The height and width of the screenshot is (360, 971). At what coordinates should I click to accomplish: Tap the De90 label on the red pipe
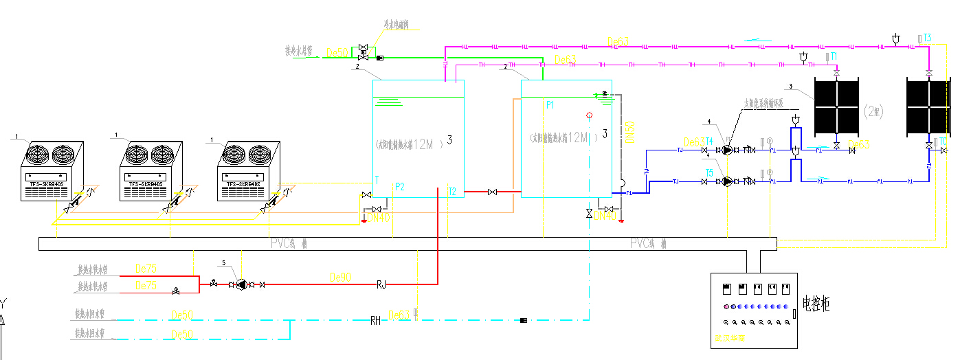(x=341, y=277)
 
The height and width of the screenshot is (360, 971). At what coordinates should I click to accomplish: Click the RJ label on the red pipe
(x=381, y=283)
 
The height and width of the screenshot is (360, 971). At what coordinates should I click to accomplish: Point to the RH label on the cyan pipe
(x=375, y=320)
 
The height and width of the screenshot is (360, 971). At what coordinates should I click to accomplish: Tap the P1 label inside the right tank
(x=550, y=105)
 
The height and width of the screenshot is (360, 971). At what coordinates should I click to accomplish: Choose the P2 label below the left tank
(x=399, y=187)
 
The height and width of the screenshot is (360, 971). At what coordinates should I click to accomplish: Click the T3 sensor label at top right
(x=927, y=37)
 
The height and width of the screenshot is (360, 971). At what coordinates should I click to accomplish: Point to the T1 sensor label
(x=833, y=56)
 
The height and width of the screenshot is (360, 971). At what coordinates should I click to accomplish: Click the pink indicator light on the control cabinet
(x=725, y=306)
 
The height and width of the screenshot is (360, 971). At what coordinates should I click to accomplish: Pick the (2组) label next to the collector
(x=873, y=111)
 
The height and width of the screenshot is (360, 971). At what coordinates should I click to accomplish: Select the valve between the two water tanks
(x=492, y=192)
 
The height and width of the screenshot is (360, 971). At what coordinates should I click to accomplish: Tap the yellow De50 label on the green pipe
(x=338, y=52)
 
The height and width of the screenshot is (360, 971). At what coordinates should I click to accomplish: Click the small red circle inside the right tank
(x=589, y=115)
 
